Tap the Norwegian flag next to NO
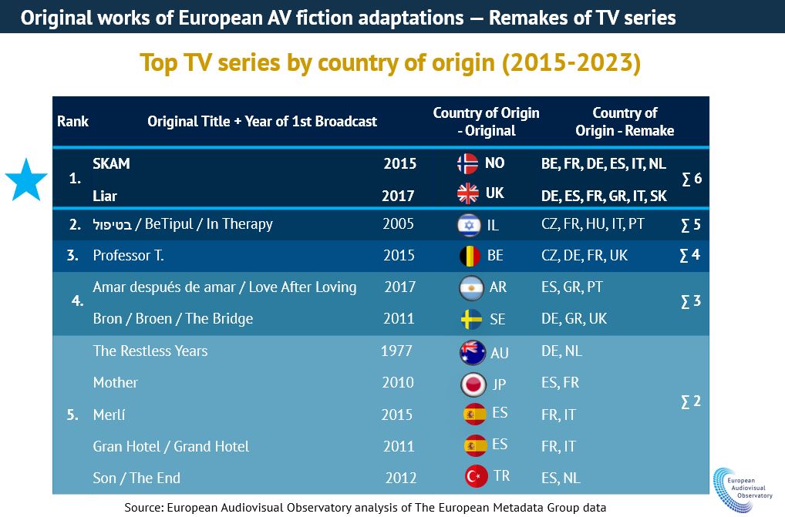click(x=468, y=163)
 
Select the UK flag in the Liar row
click(x=468, y=194)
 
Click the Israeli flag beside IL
click(x=469, y=224)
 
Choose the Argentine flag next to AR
click(x=470, y=288)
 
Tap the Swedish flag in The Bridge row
click(x=470, y=319)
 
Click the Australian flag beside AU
click(x=472, y=352)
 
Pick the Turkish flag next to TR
click(x=476, y=477)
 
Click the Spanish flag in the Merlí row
click(x=473, y=415)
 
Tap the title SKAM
click(x=111, y=163)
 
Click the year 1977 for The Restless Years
click(x=397, y=351)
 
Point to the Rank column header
click(x=72, y=121)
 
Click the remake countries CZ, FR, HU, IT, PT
click(x=593, y=224)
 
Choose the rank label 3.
click(x=72, y=255)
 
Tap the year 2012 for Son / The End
click(x=402, y=478)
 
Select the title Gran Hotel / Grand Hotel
click(x=170, y=446)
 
